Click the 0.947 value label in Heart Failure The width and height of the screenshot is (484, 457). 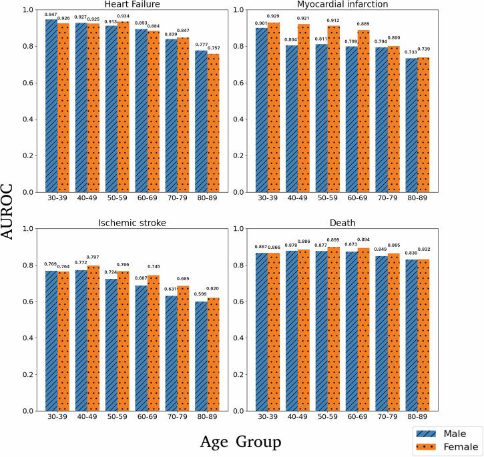click(51, 15)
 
